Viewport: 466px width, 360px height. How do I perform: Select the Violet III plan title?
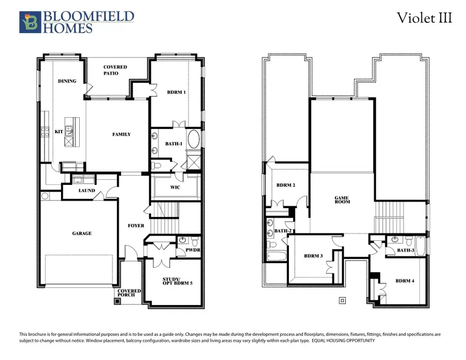[424, 18]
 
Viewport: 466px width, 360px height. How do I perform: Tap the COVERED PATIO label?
[115, 70]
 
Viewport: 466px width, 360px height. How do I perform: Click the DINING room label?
[67, 81]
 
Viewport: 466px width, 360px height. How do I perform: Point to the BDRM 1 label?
[177, 92]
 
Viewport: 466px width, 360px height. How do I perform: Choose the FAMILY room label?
[122, 134]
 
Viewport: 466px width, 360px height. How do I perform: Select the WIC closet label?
[176, 187]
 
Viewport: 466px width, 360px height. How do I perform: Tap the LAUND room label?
[87, 191]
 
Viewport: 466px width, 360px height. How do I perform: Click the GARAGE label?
[82, 233]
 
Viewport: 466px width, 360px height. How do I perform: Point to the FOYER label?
[136, 226]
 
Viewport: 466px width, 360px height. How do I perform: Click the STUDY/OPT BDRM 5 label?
[173, 283]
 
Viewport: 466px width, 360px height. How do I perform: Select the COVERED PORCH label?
[129, 293]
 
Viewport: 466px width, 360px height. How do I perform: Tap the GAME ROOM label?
[342, 199]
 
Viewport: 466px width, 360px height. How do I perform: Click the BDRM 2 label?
[285, 185]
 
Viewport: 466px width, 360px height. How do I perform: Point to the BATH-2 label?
[283, 231]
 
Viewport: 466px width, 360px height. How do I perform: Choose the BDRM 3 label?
[314, 256]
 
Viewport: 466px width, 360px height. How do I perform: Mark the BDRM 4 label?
[405, 281]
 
